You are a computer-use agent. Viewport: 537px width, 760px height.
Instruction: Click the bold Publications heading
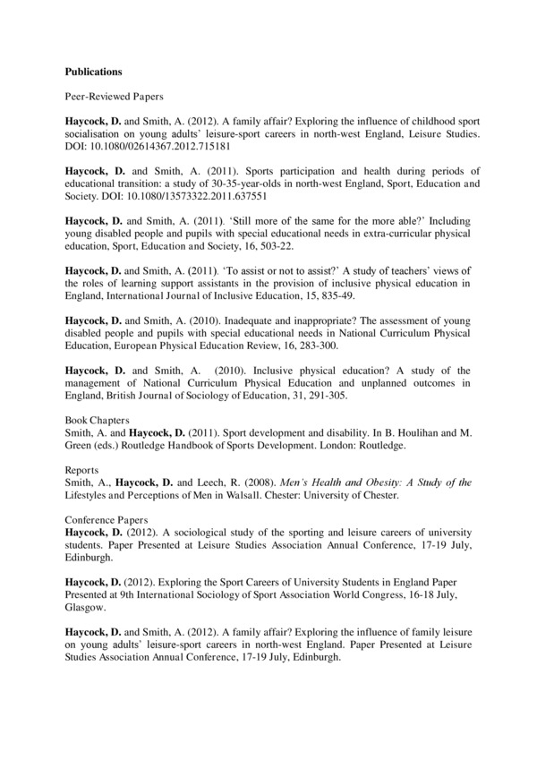[x=94, y=70]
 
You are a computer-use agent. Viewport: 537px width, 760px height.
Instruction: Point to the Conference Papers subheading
[x=105, y=517]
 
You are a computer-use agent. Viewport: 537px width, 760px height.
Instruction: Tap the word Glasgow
[x=85, y=606]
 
